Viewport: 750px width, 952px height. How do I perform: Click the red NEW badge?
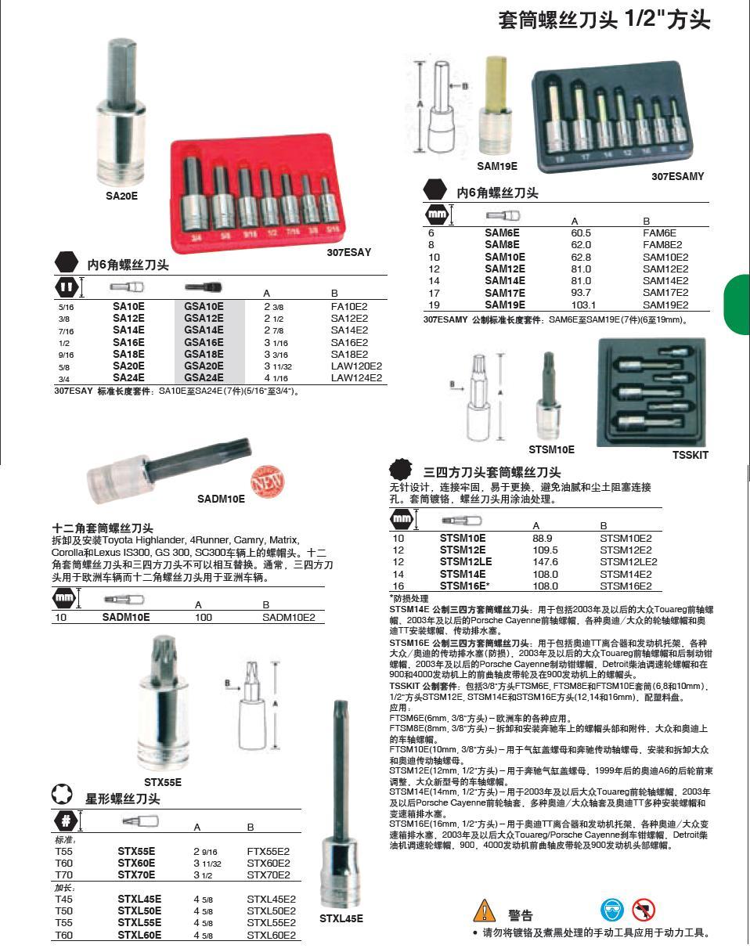click(267, 479)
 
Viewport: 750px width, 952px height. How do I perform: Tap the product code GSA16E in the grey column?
click(204, 342)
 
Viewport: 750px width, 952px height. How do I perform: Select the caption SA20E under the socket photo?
click(121, 197)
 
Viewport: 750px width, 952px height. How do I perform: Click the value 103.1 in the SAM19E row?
click(583, 305)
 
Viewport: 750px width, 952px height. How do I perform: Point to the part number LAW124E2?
click(356, 377)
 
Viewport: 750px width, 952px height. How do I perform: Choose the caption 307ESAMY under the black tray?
click(677, 177)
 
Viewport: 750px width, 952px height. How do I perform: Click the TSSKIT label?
click(690, 455)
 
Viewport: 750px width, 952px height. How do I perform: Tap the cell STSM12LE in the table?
click(466, 562)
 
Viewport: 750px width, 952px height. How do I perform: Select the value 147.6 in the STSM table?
click(545, 562)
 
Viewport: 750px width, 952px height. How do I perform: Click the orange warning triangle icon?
click(485, 911)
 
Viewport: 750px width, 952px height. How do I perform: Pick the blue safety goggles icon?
click(612, 911)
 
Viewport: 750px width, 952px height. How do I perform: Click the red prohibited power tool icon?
click(644, 911)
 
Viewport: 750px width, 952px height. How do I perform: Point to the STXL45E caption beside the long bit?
click(341, 919)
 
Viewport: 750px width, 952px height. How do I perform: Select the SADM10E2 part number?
click(288, 618)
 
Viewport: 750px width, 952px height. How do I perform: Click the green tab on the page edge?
click(737, 305)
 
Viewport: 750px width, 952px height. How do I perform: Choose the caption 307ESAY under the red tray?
click(348, 253)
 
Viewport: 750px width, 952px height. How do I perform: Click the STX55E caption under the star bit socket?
click(162, 782)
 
